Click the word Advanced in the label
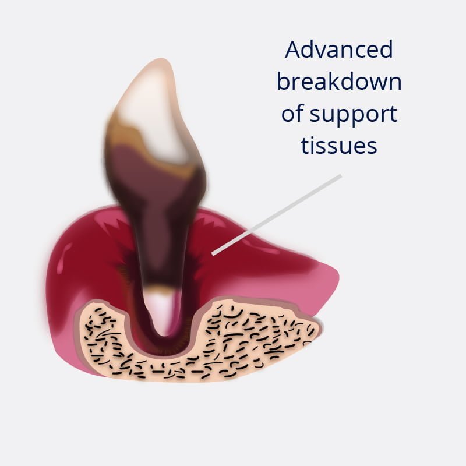pos(339,50)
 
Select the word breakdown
pos(339,82)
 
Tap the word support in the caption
pos(354,114)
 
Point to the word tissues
pos(339,146)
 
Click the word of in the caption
pos(292,113)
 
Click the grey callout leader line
pos(276,215)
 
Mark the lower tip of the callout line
pos(213,254)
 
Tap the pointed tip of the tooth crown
pos(161,59)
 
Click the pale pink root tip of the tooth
pos(163,312)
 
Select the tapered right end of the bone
pos(317,329)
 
